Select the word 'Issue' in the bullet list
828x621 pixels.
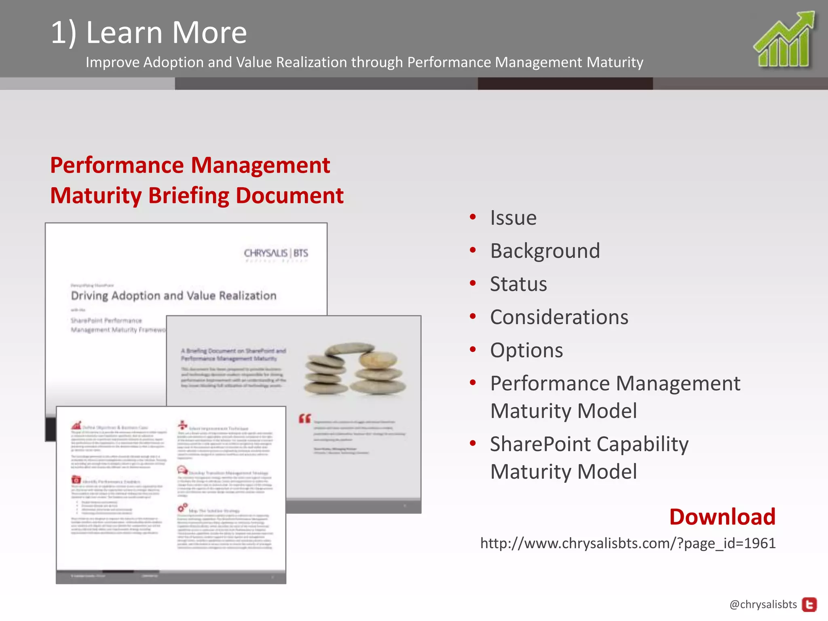coord(513,218)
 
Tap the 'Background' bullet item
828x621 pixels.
coord(545,251)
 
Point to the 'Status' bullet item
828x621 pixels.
coord(518,284)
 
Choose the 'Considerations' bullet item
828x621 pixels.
coord(559,317)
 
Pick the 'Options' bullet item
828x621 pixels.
coord(526,351)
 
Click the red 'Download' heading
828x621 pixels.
coord(722,517)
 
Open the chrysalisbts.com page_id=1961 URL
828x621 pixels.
coord(627,543)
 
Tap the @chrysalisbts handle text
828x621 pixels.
coord(763,604)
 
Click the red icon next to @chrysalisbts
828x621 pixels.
coord(809,605)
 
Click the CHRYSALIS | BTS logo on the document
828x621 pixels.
coord(276,253)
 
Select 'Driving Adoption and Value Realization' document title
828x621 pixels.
coord(173,296)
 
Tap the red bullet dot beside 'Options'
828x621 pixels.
coord(473,349)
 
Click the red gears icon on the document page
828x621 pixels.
coord(183,507)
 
